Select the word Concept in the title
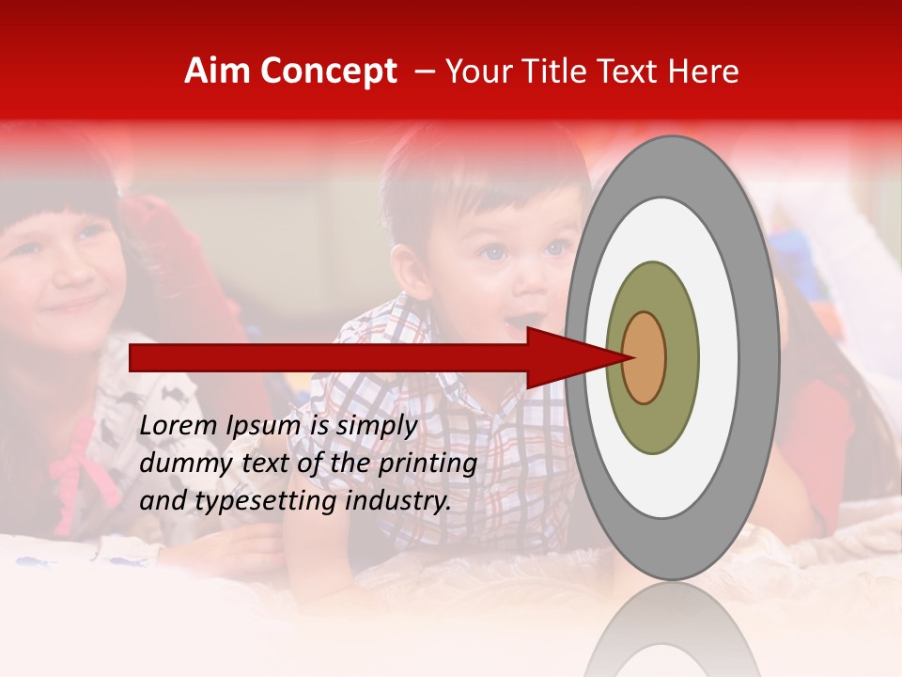click(x=328, y=72)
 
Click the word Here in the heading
click(x=703, y=71)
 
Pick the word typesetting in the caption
click(x=266, y=502)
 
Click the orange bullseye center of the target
click(x=645, y=357)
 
